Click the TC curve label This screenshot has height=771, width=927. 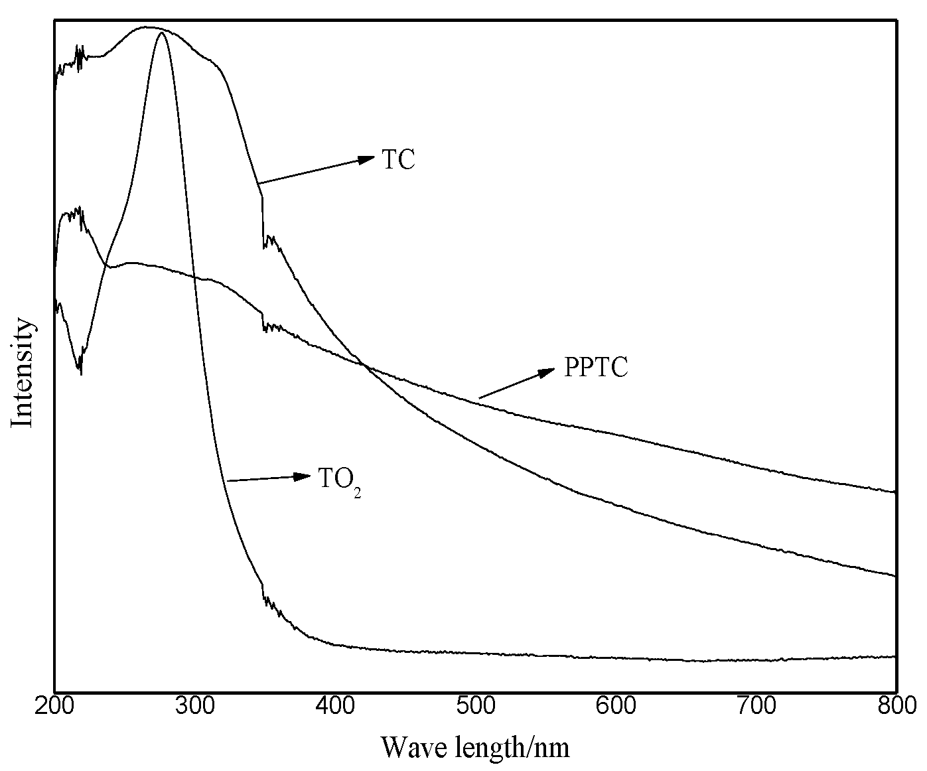point(398,161)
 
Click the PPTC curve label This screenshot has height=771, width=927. point(595,368)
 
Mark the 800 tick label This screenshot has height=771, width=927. point(896,705)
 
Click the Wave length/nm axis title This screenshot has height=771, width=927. point(475,748)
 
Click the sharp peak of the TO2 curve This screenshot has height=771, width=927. point(161,33)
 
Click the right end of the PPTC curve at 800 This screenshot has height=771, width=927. point(895,492)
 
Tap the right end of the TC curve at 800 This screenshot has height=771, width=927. point(895,575)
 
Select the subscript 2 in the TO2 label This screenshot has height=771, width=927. point(357,494)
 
